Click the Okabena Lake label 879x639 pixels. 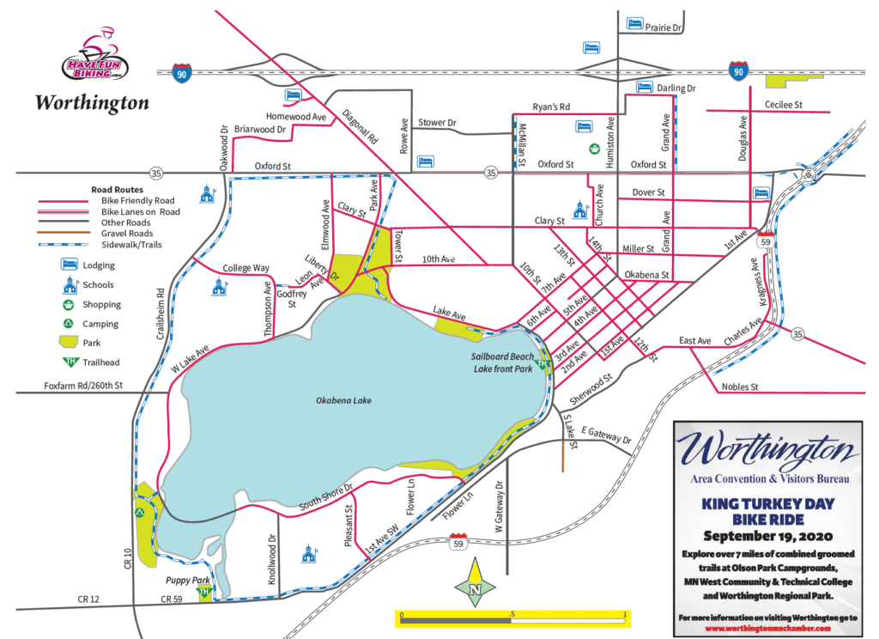pyautogui.click(x=343, y=400)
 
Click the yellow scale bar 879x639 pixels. pyautogui.click(x=512, y=615)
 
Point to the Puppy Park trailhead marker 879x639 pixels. pyautogui.click(x=204, y=593)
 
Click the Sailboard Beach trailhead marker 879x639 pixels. pyautogui.click(x=541, y=365)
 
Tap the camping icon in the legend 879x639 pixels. pyautogui.click(x=68, y=324)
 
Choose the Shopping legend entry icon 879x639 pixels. pyautogui.click(x=68, y=304)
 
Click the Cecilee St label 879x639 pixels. pyautogui.click(x=782, y=105)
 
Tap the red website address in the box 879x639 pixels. pyautogui.click(x=767, y=628)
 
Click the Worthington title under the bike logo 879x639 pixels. pyautogui.click(x=92, y=103)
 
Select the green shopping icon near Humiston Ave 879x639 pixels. pyautogui.click(x=594, y=149)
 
